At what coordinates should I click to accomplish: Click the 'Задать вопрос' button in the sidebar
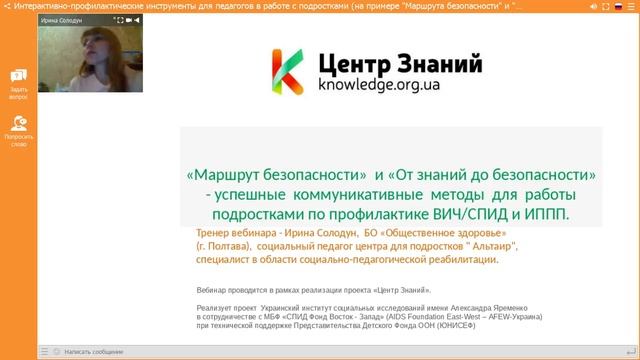click(19, 81)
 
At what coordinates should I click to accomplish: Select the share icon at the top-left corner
click(6, 6)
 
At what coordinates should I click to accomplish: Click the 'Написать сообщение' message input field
click(95, 352)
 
